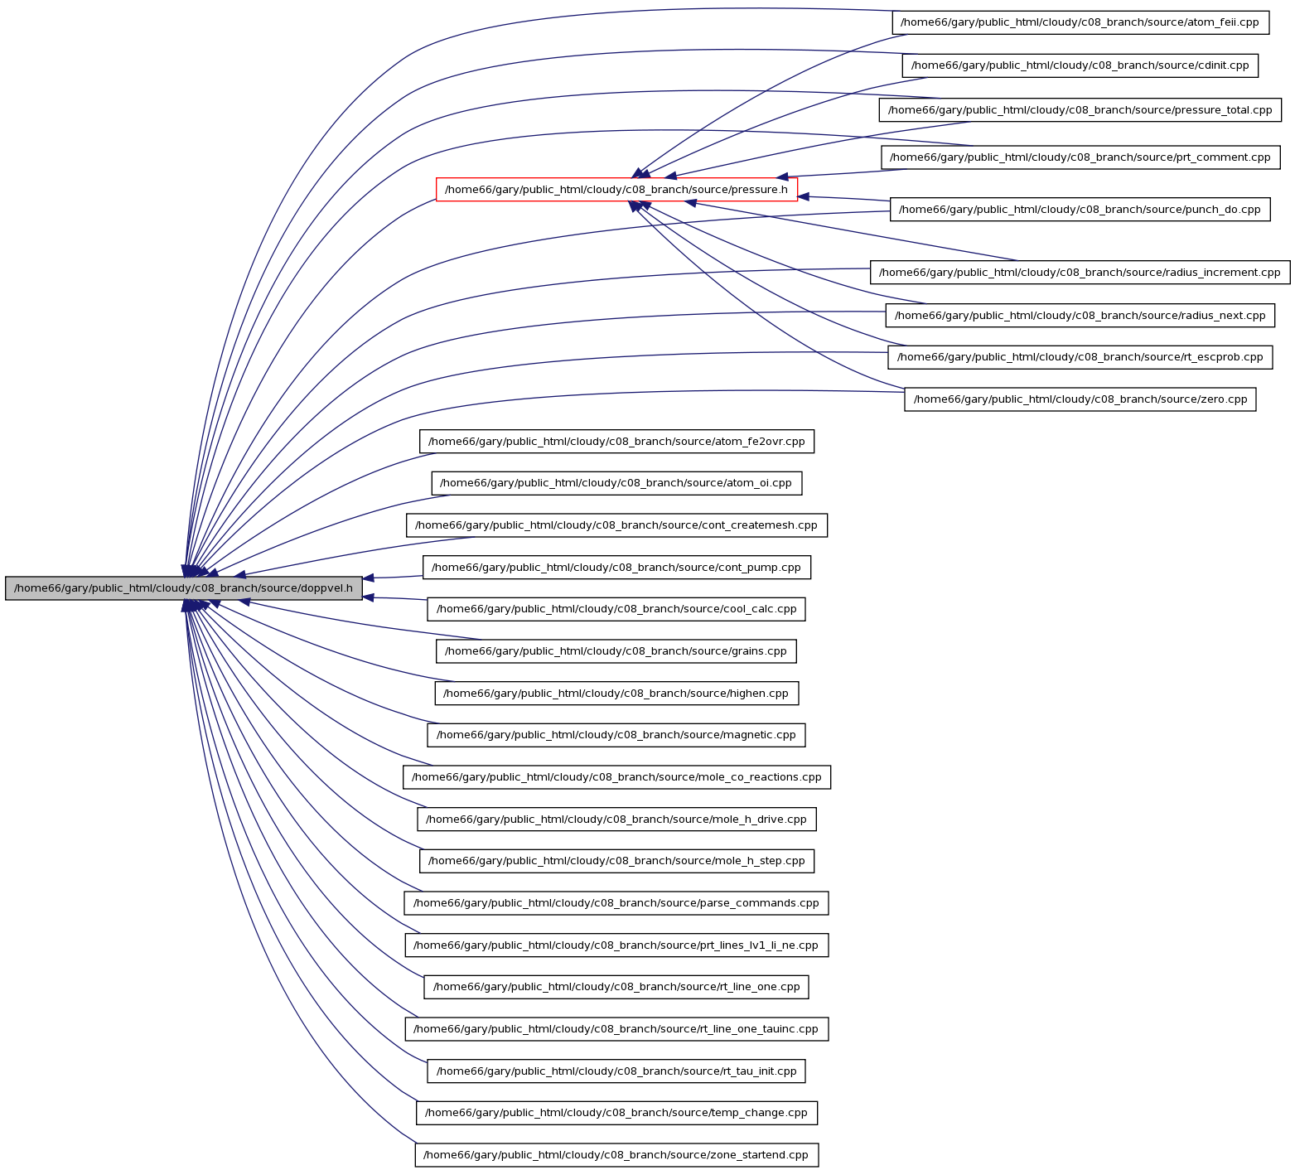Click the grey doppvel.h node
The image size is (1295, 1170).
click(x=184, y=588)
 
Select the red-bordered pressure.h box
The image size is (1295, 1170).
click(x=616, y=190)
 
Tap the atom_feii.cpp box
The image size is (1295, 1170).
click(x=1080, y=22)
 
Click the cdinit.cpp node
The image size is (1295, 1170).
click(x=1080, y=65)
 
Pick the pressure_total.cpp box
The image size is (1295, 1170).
click(x=1080, y=110)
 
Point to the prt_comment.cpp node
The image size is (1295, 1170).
click(x=1080, y=157)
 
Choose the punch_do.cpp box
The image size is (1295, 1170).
click(x=1080, y=210)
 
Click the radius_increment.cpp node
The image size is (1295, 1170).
click(x=1080, y=273)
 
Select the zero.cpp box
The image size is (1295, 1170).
click(x=1080, y=399)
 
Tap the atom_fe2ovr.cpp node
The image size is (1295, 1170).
click(x=616, y=442)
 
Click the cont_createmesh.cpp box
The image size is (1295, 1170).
click(x=616, y=525)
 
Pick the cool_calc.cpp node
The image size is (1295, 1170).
click(x=616, y=609)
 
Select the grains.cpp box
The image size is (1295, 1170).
click(x=616, y=651)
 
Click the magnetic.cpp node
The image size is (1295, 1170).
click(x=616, y=735)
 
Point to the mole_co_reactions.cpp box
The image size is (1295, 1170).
click(x=616, y=777)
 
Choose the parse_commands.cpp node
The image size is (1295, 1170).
click(x=616, y=903)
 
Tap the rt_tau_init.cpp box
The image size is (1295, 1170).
click(x=616, y=1071)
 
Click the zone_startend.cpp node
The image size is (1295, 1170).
click(x=616, y=1155)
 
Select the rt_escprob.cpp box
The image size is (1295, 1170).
click(x=1080, y=357)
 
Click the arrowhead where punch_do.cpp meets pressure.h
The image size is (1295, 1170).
click(x=804, y=196)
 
